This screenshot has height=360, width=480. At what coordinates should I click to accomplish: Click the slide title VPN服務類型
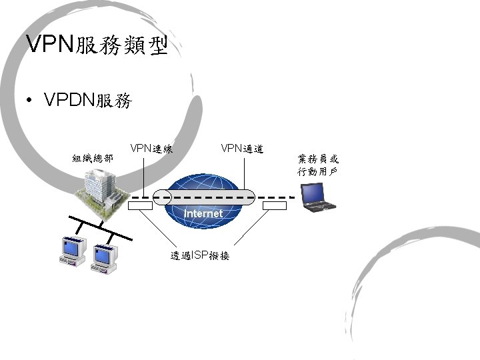(96, 45)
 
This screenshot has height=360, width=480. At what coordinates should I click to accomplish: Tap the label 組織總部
(93, 159)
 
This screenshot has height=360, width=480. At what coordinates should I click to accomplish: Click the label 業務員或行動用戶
(318, 165)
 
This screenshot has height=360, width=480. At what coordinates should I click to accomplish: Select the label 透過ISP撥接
(200, 255)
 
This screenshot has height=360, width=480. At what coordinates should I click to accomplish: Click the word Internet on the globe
(203, 213)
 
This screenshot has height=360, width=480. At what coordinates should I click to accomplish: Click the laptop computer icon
(319, 197)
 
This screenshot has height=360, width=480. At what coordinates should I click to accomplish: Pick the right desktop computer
(105, 257)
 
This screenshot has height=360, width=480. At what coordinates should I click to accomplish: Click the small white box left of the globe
(141, 206)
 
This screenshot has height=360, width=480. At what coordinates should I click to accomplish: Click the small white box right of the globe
(274, 206)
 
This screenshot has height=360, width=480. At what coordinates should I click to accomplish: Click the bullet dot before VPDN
(29, 101)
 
